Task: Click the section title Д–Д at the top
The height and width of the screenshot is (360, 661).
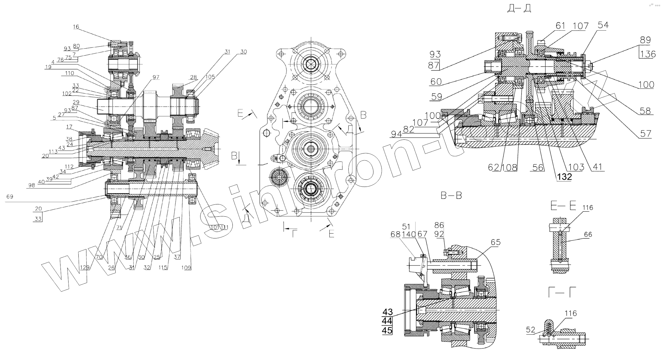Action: (x=519, y=9)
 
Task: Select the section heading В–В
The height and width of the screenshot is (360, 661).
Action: (x=451, y=196)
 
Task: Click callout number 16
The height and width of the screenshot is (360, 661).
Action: (x=76, y=27)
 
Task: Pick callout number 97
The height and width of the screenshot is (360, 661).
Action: (x=156, y=77)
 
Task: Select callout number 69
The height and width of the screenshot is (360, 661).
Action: (x=10, y=197)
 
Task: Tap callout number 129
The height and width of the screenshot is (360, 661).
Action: (x=85, y=268)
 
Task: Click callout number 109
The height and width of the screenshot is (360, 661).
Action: (x=186, y=268)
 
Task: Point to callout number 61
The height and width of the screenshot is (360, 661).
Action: (x=560, y=26)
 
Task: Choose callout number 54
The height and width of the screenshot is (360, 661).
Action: (x=603, y=25)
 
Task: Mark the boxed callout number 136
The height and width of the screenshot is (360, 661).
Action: (x=648, y=54)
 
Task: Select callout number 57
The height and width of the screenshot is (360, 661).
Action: (x=646, y=134)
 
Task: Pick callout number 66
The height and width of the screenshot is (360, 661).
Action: (x=588, y=235)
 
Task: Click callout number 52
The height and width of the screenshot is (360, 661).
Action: (x=530, y=330)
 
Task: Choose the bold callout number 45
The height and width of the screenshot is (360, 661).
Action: (x=387, y=330)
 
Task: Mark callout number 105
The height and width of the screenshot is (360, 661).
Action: (x=210, y=77)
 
